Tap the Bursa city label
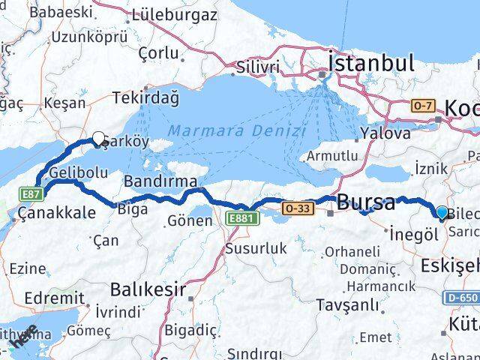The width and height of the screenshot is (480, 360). (366, 202)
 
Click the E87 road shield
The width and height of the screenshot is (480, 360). (31, 193)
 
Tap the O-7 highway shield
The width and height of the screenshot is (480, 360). (422, 106)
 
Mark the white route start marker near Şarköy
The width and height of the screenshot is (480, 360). (98, 138)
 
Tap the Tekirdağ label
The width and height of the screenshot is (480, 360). (146, 97)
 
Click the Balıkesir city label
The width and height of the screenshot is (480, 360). (147, 289)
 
